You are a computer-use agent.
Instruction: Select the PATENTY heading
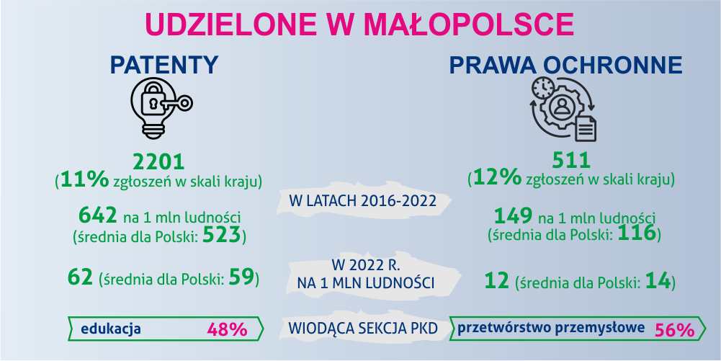pyautogui.click(x=164, y=65)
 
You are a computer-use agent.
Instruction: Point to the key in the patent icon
pyautogui.click(x=177, y=104)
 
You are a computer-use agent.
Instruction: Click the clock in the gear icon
pyautogui.click(x=543, y=88)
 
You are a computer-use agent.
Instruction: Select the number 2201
pyautogui.click(x=158, y=162)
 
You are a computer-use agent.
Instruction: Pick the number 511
pyautogui.click(x=571, y=161)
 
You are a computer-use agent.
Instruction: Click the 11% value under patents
pyautogui.click(x=84, y=180)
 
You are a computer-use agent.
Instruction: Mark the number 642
pyautogui.click(x=97, y=215)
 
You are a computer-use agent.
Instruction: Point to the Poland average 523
pyautogui.click(x=222, y=236)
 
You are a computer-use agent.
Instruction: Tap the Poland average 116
pyautogui.click(x=636, y=234)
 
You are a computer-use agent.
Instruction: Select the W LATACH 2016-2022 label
pyautogui.click(x=363, y=201)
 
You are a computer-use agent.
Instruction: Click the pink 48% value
pyautogui.click(x=227, y=329)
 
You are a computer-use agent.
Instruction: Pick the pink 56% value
pyautogui.click(x=674, y=330)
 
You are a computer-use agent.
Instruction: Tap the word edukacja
pyautogui.click(x=111, y=329)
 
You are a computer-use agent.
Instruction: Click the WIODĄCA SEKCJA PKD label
pyautogui.click(x=362, y=329)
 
